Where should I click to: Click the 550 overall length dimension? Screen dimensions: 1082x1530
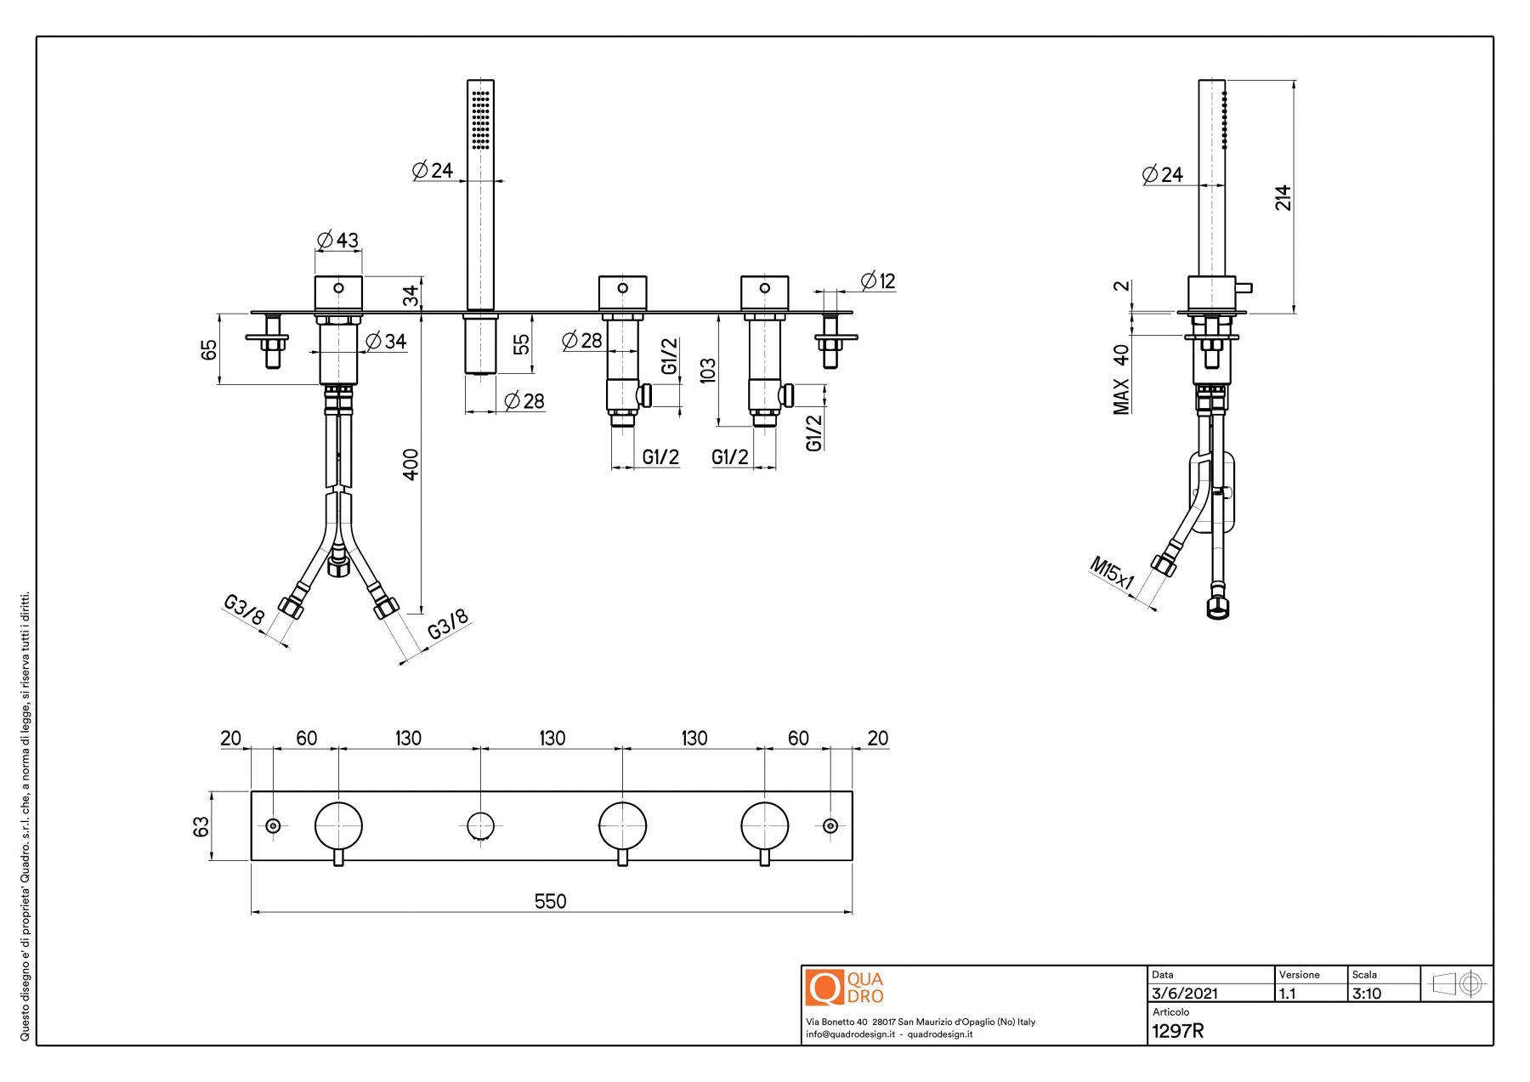[x=550, y=901]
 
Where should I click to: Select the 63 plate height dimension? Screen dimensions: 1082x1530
[x=201, y=826]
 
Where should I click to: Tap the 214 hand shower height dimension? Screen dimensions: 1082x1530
[x=1283, y=197]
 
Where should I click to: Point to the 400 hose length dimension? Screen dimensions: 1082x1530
[x=411, y=464]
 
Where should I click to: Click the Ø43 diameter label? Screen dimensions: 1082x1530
[x=337, y=241]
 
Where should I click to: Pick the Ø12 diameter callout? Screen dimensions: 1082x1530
[x=878, y=280]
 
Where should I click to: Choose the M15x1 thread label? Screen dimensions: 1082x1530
[x=1112, y=573]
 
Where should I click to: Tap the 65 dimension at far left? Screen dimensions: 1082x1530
[x=209, y=349]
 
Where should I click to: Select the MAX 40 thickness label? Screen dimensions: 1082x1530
[x=1122, y=379]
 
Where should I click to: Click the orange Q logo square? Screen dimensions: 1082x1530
[x=824, y=988]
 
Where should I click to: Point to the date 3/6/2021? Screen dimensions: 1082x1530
[x=1184, y=994]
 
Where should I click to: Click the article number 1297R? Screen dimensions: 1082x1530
[x=1177, y=1031]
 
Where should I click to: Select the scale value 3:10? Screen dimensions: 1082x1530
[x=1367, y=994]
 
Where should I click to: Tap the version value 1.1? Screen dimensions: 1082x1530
[x=1288, y=994]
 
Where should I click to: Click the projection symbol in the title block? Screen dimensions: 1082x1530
[x=1457, y=984]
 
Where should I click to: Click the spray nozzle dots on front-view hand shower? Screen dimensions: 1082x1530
[x=481, y=119]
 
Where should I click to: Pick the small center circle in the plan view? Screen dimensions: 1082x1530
[x=480, y=825]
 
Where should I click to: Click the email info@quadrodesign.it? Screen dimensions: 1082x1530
[x=850, y=1034]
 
